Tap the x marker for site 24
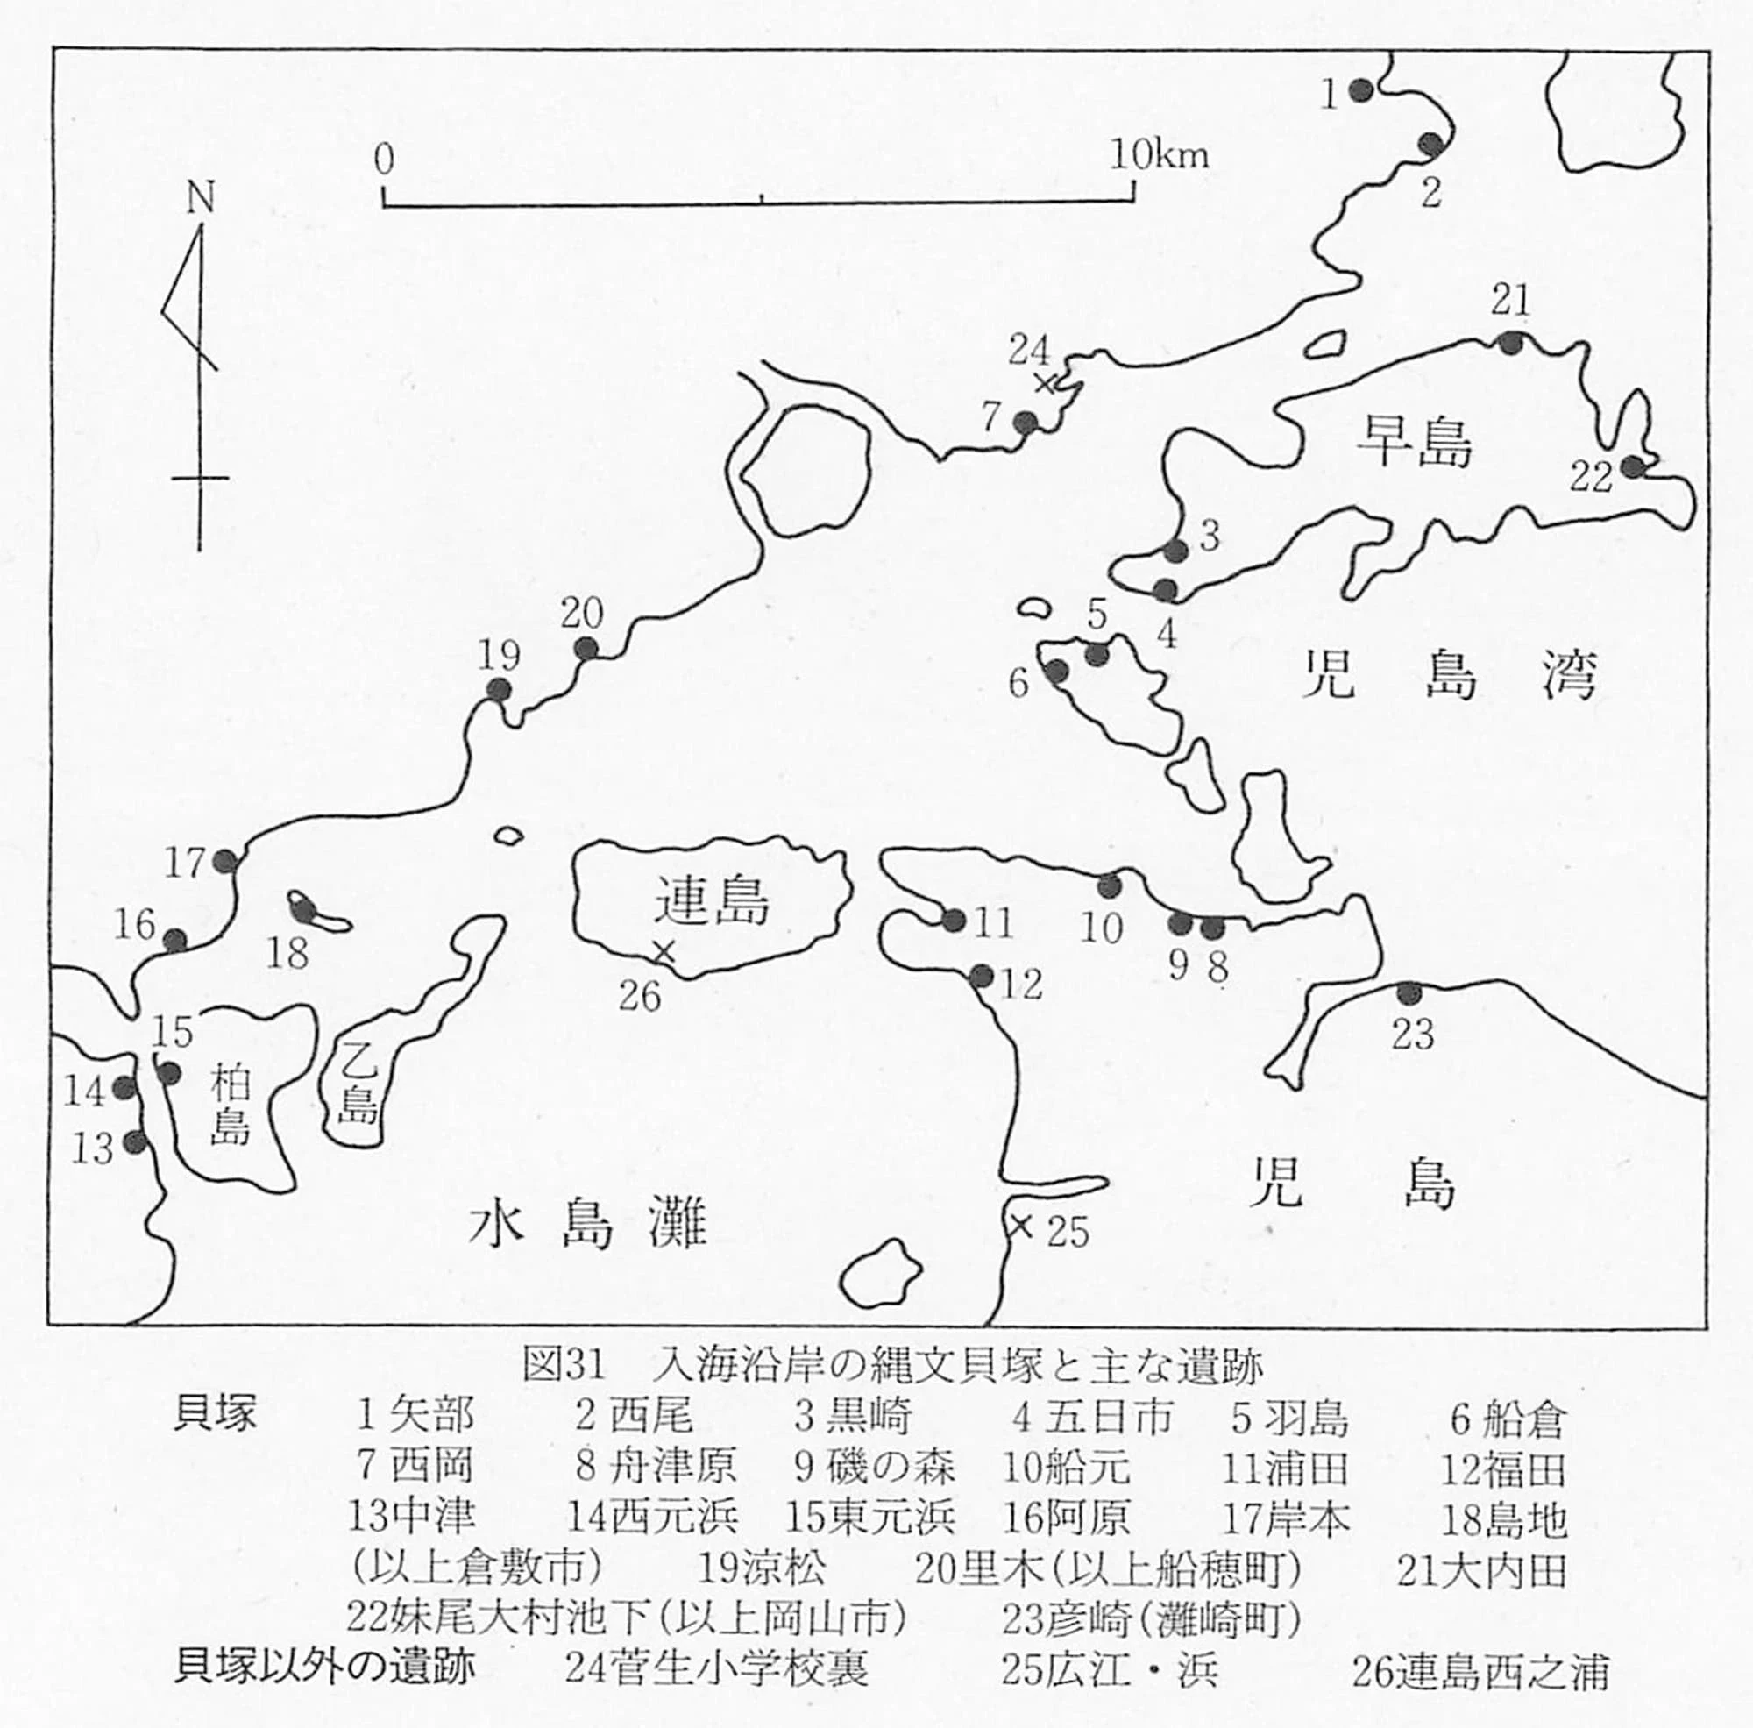click(x=1046, y=383)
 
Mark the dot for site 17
click(x=225, y=861)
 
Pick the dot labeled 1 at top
click(x=1360, y=89)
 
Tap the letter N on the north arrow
click(x=200, y=198)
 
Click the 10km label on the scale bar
click(x=1160, y=155)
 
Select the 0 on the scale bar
click(x=384, y=160)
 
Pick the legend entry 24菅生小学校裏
click(x=716, y=1668)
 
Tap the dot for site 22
click(x=1633, y=467)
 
